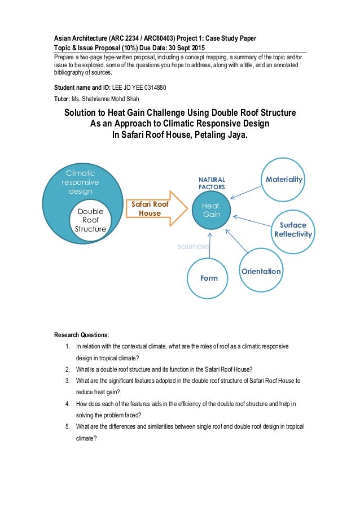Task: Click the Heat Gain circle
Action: (211, 210)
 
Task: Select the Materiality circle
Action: (284, 180)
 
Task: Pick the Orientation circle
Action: (261, 271)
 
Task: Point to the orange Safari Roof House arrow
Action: (156, 209)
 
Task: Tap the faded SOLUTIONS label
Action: (194, 247)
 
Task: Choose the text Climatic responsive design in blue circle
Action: (80, 182)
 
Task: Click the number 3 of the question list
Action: (67, 380)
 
